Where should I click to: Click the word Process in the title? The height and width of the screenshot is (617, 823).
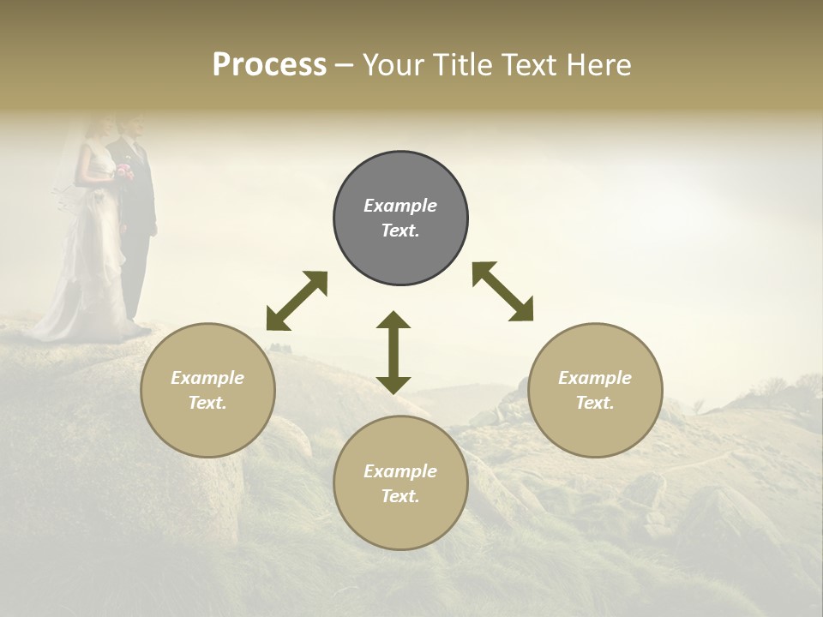(269, 65)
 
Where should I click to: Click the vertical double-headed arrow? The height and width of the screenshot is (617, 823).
(393, 352)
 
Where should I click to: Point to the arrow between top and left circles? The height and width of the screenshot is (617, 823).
(297, 301)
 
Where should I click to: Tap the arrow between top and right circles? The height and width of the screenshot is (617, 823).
(503, 291)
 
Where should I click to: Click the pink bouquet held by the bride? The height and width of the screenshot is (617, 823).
(125, 171)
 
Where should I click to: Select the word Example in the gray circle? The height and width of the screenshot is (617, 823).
(400, 206)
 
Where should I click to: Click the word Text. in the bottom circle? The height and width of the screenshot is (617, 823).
(400, 496)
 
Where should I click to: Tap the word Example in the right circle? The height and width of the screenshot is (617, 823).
(595, 378)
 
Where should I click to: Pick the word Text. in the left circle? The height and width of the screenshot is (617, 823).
(207, 403)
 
